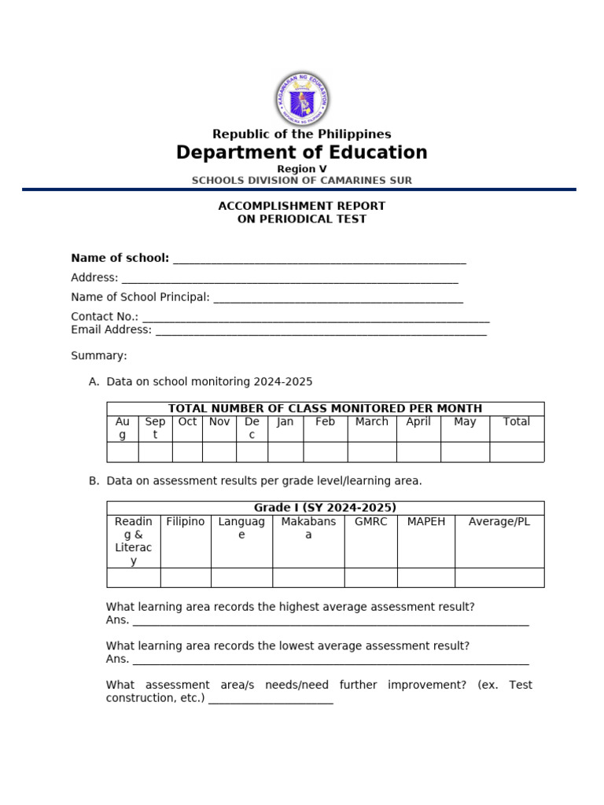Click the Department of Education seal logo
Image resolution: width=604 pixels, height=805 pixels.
[302, 99]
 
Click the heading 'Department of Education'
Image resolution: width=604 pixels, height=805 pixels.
[302, 153]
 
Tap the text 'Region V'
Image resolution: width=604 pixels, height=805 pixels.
[302, 169]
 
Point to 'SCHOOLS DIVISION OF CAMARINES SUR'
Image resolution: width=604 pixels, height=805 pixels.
[302, 180]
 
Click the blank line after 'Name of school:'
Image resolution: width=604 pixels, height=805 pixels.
[319, 259]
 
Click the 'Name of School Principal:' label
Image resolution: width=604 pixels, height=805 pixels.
[140, 297]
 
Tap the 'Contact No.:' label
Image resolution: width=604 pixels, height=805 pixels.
[104, 316]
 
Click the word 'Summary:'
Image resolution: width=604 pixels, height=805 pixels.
[99, 355]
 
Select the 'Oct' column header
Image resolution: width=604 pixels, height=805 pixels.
[187, 421]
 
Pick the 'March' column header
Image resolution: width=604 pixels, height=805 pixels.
[371, 421]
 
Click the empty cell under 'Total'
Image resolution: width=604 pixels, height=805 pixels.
[516, 452]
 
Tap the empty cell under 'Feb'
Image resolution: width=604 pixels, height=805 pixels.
[325, 452]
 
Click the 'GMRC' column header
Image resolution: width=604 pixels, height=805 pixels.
[370, 521]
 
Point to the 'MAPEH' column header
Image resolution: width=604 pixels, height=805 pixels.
[425, 521]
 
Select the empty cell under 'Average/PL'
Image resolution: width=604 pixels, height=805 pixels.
[499, 578]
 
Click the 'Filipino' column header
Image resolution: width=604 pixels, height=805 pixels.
[186, 521]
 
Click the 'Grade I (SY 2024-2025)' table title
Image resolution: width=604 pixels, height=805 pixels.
[325, 508]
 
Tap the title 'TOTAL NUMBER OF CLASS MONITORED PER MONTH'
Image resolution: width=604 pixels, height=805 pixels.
[325, 408]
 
